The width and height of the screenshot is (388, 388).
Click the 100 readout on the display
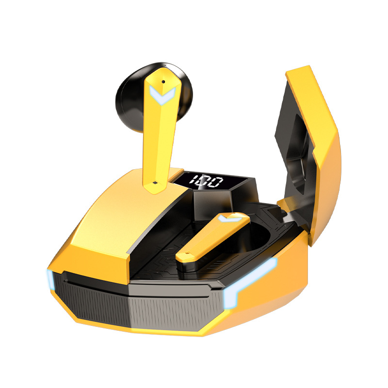tap(206, 181)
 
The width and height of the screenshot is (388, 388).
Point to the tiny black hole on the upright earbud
tap(163, 81)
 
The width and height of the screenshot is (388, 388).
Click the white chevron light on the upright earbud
tap(162, 95)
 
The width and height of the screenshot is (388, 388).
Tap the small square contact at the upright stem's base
tap(155, 183)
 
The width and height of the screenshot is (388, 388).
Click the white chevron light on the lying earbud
tap(229, 218)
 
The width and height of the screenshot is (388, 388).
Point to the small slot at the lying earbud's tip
tap(188, 254)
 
